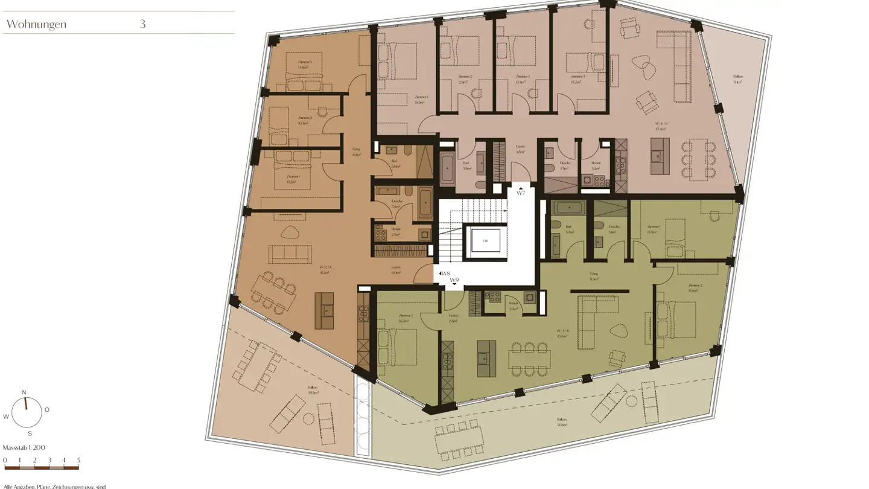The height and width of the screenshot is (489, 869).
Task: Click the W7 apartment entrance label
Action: (x=521, y=193)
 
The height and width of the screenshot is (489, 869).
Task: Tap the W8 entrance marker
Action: (x=447, y=274)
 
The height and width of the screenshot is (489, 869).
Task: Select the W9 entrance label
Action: (x=454, y=281)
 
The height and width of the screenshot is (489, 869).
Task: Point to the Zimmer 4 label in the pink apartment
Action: (x=577, y=79)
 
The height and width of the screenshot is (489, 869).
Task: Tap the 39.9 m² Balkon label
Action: (x=312, y=391)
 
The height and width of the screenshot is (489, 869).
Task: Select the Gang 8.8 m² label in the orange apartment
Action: (x=357, y=152)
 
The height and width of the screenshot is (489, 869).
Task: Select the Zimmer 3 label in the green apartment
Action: (x=406, y=318)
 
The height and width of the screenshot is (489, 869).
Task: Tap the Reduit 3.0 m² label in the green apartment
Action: (x=514, y=305)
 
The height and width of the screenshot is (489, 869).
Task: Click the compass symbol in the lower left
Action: (x=26, y=410)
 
